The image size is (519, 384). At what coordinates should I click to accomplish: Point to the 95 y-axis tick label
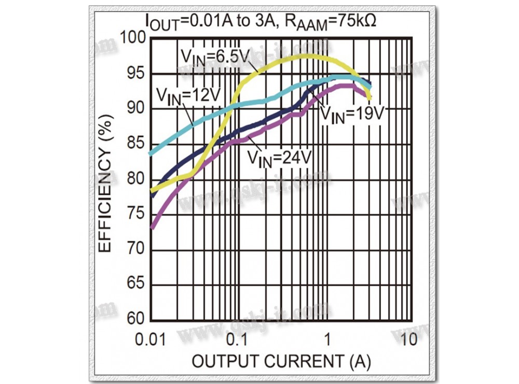[x=136, y=74]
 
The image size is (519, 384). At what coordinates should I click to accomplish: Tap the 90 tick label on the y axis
[x=136, y=109]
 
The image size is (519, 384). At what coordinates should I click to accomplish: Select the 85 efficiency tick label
[x=136, y=144]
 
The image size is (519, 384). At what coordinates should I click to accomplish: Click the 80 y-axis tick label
[x=136, y=179]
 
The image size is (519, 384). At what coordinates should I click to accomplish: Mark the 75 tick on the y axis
[x=136, y=215]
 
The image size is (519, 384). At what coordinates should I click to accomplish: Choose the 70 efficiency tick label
[x=136, y=250]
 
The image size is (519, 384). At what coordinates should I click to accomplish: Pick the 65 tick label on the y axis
[x=136, y=285]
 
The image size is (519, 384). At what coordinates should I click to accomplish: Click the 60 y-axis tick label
[x=136, y=320]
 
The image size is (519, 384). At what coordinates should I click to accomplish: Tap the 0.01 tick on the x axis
[x=151, y=339]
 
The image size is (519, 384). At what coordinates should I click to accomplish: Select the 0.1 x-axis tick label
[x=238, y=339]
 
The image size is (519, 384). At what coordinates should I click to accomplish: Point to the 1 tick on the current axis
[x=327, y=339]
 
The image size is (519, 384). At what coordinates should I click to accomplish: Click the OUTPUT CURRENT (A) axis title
[x=281, y=361]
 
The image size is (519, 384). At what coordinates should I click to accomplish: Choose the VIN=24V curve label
[x=278, y=158]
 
